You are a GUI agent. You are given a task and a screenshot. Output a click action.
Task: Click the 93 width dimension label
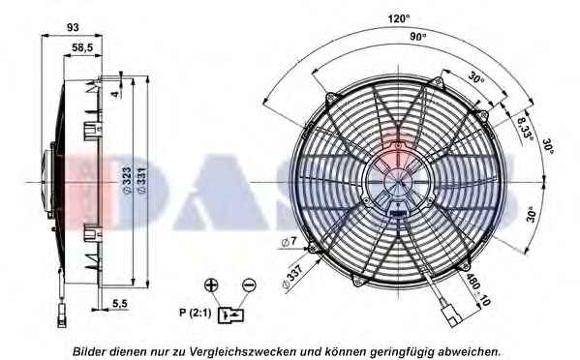73,27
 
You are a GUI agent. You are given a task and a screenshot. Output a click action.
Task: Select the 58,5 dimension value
82,47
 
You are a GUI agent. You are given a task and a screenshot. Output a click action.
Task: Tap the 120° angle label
399,18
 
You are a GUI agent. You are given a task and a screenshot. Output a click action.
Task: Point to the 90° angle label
418,36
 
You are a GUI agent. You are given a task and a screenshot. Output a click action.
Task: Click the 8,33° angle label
525,128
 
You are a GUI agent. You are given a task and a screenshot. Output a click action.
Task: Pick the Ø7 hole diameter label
289,242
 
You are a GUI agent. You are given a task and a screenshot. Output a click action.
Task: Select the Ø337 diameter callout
292,277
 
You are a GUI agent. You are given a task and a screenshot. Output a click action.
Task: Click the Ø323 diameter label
127,180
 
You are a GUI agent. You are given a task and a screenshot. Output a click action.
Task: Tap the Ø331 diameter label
142,180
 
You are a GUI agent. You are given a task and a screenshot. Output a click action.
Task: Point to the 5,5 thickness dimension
120,304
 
